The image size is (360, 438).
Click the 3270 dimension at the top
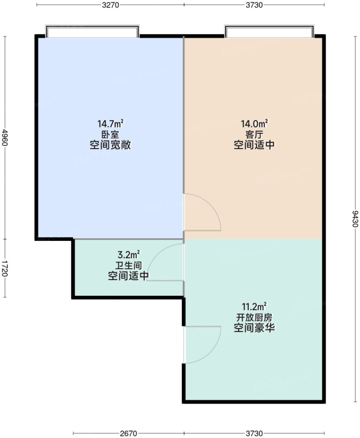click(x=110, y=5)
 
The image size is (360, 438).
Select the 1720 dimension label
click(x=5, y=268)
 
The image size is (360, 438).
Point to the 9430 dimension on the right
click(x=355, y=219)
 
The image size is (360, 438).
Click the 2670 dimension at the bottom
click(x=129, y=433)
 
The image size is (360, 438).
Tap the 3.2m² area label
click(x=129, y=255)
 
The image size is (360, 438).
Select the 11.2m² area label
click(x=254, y=306)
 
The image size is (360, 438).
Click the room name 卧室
click(x=110, y=134)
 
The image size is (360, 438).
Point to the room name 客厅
click(x=254, y=134)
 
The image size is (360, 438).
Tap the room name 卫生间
click(x=128, y=266)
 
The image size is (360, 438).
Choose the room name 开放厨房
click(x=254, y=318)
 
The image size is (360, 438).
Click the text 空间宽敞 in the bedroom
click(x=110, y=145)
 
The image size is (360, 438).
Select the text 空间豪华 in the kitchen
click(x=254, y=329)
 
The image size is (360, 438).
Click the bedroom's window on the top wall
click(x=92, y=32)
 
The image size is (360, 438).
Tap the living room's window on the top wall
click(x=269, y=32)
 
